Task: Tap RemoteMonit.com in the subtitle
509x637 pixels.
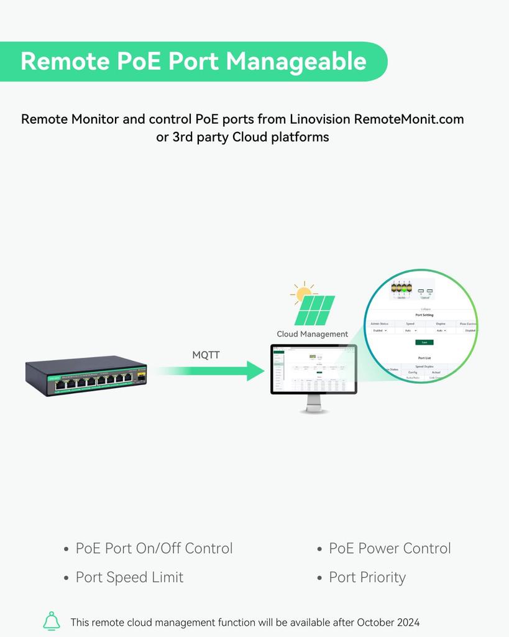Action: (408, 119)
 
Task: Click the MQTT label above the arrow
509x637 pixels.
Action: (206, 355)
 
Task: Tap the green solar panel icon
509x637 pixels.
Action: (315, 310)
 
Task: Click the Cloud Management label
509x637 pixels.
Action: (312, 334)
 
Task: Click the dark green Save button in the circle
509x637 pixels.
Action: (424, 342)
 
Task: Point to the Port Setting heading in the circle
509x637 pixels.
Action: (424, 315)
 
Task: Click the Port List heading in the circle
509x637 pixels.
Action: (424, 358)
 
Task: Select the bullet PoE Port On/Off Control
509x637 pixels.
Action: (154, 549)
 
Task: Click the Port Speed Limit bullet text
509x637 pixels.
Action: (129, 577)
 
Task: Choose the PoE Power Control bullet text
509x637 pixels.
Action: (390, 549)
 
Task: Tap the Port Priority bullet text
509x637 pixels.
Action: (367, 577)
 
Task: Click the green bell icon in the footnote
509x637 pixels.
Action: (52, 621)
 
